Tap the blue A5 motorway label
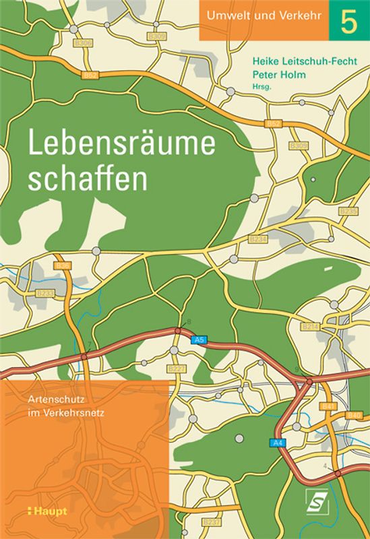click(198, 340)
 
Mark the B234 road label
click(258, 239)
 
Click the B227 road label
click(177, 369)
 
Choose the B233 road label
click(45, 294)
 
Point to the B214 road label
click(310, 326)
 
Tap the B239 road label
click(348, 212)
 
